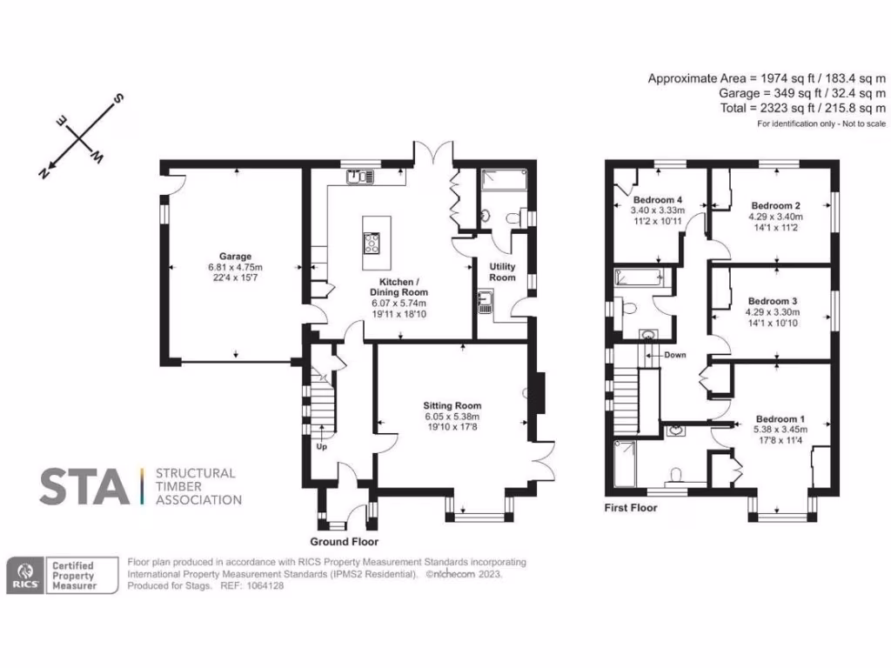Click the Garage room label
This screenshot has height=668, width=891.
[235, 257]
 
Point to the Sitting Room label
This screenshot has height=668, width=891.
[452, 405]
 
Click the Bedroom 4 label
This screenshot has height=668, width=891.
[657, 200]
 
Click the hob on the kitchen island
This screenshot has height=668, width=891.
[372, 242]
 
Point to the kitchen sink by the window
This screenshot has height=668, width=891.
[359, 177]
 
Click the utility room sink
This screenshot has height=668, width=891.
[484, 304]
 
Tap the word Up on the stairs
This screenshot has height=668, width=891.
[322, 448]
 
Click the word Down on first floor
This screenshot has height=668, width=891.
[674, 355]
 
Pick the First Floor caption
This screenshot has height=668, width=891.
[631, 508]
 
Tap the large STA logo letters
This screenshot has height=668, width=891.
[84, 487]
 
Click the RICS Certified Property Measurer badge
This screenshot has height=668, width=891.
[62, 575]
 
